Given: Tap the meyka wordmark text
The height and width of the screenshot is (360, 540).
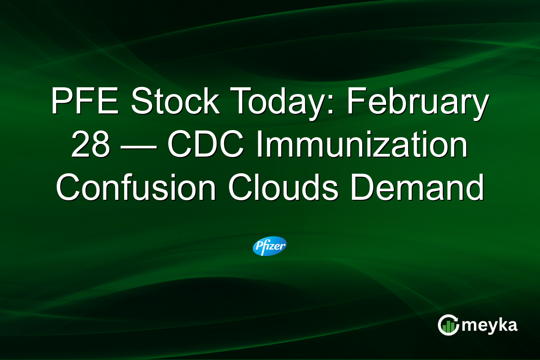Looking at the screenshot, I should (490, 325).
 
